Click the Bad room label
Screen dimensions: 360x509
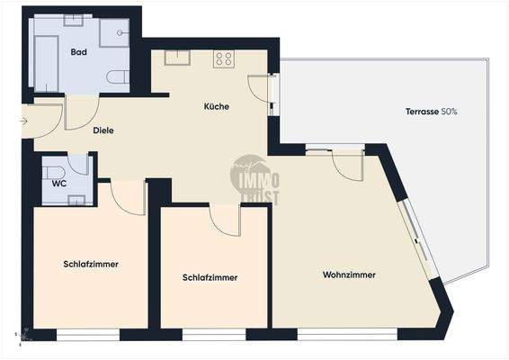pyautogui.click(x=79, y=52)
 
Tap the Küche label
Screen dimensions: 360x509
pyautogui.click(x=217, y=106)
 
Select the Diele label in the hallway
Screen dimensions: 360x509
pyautogui.click(x=104, y=130)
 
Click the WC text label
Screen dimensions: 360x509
pyautogui.click(x=58, y=184)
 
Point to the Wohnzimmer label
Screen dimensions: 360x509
pyautogui.click(x=349, y=274)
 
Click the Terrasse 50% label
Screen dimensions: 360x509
pyautogui.click(x=432, y=112)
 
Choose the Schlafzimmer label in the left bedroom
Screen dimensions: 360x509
pyautogui.click(x=91, y=265)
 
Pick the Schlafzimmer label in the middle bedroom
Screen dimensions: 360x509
pyautogui.click(x=210, y=277)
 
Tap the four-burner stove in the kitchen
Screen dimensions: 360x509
pyautogui.click(x=224, y=59)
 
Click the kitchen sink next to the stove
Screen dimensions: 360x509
pyautogui.click(x=177, y=58)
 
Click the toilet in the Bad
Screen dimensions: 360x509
pyautogui.click(x=119, y=77)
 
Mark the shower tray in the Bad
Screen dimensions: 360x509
pyautogui.click(x=114, y=32)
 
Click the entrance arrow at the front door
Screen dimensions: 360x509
pyautogui.click(x=24, y=121)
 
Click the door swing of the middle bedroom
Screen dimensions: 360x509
pyautogui.click(x=225, y=220)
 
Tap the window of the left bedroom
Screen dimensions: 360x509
pyautogui.click(x=87, y=335)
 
